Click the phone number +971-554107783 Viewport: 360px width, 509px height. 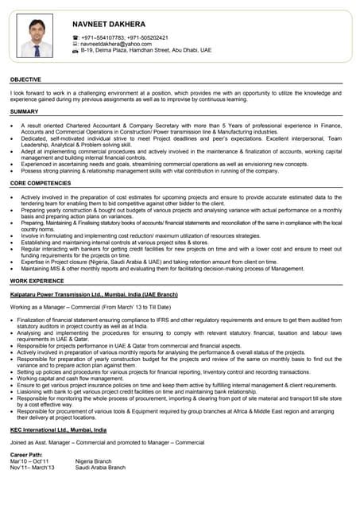click(99, 37)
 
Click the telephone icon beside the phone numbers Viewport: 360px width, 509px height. click(75, 37)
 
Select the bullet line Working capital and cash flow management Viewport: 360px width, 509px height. click(73, 378)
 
